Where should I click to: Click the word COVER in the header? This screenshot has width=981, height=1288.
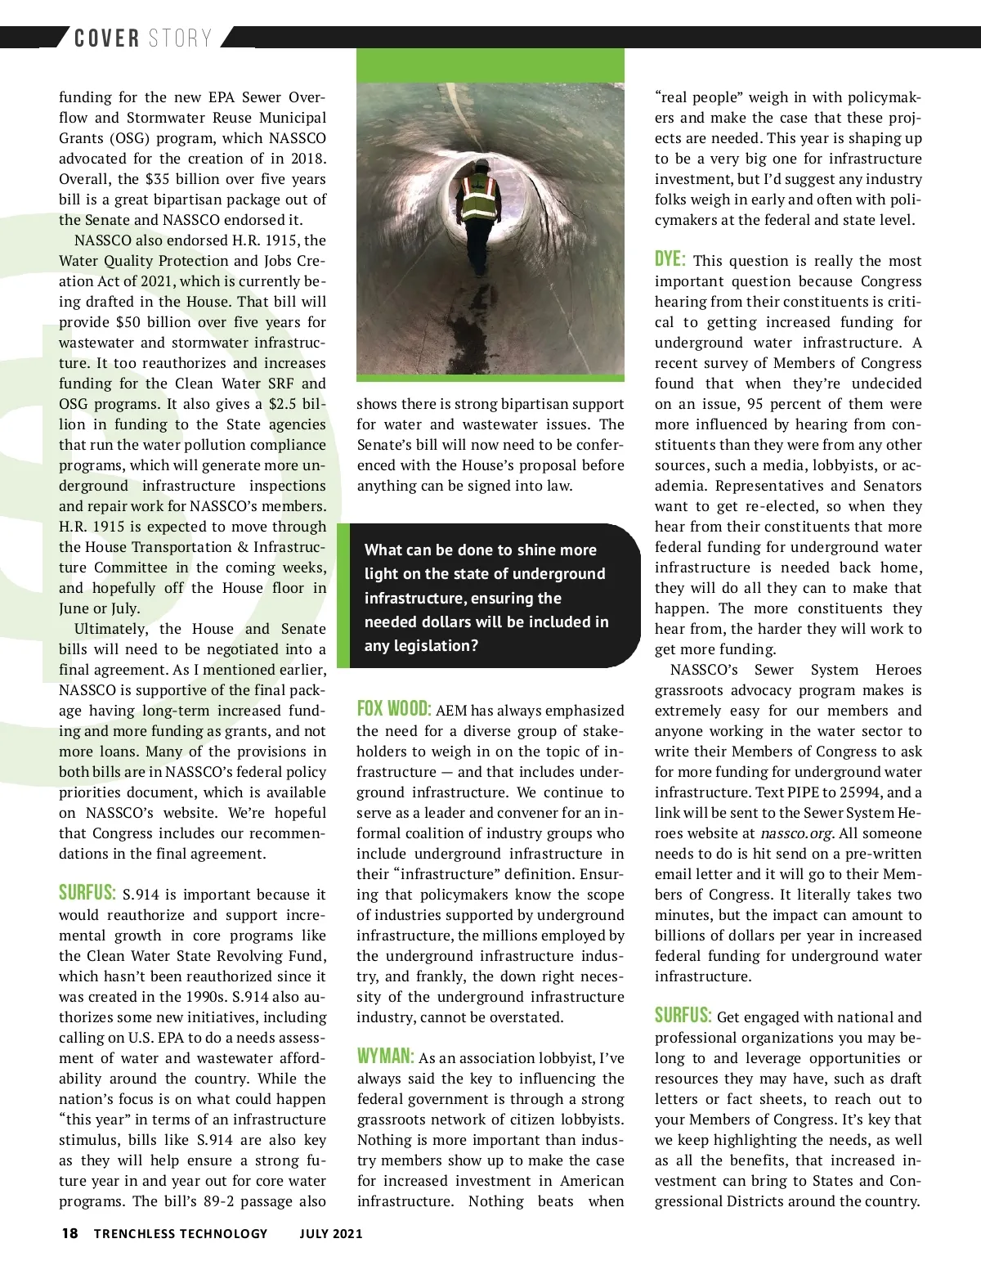point(106,38)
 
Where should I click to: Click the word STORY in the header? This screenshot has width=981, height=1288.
point(180,38)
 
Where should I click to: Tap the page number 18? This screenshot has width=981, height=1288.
point(69,1233)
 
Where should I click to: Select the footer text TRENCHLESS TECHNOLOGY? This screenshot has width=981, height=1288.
point(181,1233)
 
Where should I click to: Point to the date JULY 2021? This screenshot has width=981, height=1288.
point(331,1233)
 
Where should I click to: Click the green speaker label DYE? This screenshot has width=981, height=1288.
point(670,259)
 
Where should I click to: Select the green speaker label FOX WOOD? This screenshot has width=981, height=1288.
point(393,708)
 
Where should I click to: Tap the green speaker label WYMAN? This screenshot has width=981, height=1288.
point(385,1056)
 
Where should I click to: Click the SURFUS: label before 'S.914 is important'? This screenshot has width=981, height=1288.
point(87,892)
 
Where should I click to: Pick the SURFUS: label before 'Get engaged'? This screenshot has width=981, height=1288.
point(683,1016)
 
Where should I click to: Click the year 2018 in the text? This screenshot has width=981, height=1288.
point(307,159)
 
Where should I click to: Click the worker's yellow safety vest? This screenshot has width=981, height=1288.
point(480,198)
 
